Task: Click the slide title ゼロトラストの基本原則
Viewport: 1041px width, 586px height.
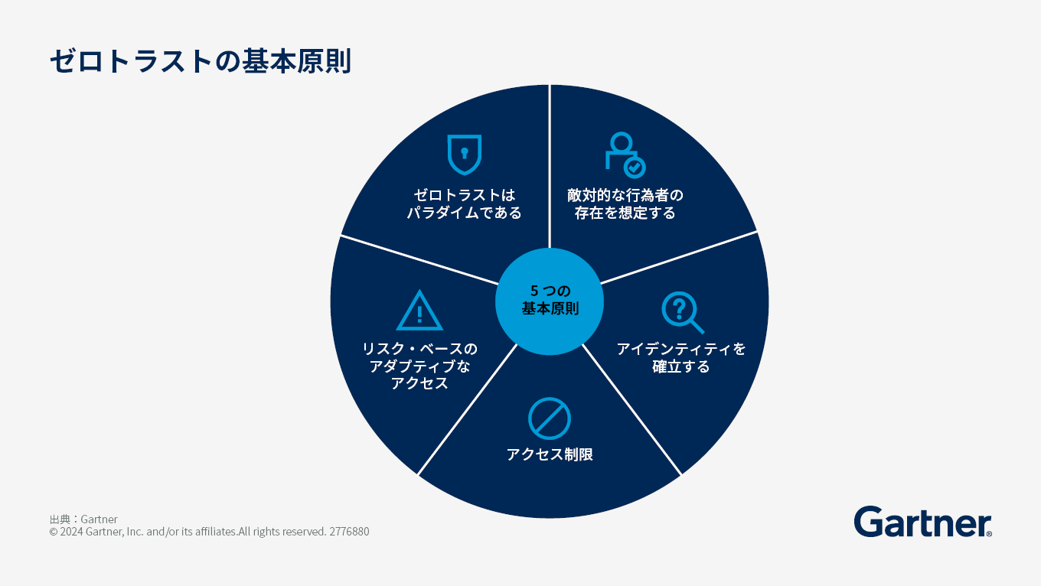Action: [201, 61]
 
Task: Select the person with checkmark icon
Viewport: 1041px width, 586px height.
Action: [625, 155]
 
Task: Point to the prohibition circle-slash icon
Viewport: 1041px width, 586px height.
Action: [550, 418]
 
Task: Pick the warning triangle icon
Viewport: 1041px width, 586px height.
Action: [419, 311]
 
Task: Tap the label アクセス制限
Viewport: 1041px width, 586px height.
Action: [550, 454]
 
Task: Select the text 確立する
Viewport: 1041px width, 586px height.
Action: [681, 367]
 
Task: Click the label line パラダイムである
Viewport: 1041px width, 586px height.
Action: [464, 213]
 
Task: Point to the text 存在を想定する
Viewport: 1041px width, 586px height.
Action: [625, 213]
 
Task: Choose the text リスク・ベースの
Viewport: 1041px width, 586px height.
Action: [419, 350]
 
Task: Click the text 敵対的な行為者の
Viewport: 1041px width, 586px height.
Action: [625, 195]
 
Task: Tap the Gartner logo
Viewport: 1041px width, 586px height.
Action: [922, 522]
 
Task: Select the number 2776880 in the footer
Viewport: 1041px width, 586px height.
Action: [349, 532]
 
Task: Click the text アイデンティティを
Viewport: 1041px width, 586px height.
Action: [681, 350]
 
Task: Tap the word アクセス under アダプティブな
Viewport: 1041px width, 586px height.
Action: [419, 384]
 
